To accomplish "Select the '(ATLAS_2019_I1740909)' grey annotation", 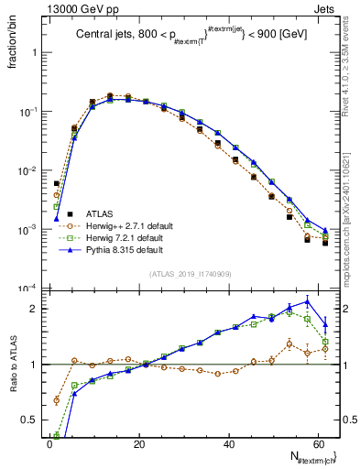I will pos(191,274).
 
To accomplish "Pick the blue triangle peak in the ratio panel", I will pos(308,300).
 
